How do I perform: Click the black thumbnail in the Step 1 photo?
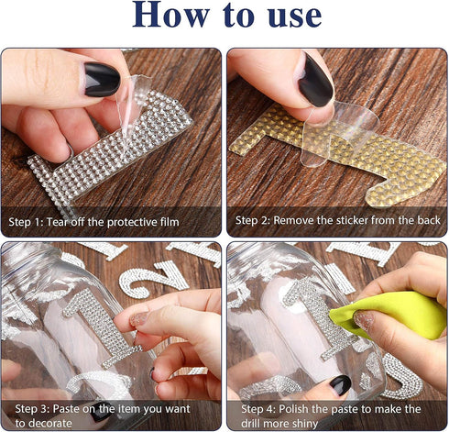coord(102,80)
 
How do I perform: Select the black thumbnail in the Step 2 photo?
coord(315,80)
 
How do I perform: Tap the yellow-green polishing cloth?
coord(388,315)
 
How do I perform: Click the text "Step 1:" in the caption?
coord(26,222)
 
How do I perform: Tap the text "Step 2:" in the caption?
coord(252,220)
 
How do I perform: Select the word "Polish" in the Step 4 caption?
coord(294,409)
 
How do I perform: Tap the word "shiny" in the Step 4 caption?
coord(302,424)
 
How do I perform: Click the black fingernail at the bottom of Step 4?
coord(340,384)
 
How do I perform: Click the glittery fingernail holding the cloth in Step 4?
coord(364,319)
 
